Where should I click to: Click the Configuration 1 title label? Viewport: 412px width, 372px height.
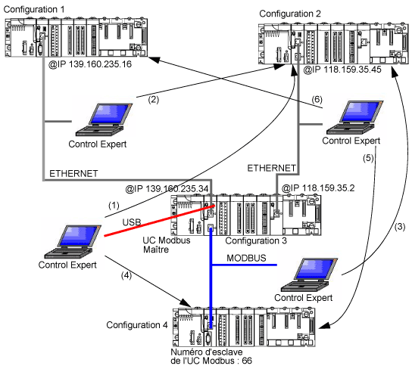34,9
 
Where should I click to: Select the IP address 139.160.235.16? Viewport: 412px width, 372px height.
90,64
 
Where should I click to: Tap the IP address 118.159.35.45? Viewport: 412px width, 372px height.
342,70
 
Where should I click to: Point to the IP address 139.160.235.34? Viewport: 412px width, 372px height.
167,188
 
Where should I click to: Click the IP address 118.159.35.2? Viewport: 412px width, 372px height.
318,188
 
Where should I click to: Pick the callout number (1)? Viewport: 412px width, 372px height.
114,206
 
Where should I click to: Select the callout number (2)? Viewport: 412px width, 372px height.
154,100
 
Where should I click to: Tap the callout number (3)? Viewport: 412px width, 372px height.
400,227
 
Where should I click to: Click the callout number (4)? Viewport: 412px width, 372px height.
126,275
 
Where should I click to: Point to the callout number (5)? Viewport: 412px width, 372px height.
368,158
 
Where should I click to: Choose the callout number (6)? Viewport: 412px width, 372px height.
317,100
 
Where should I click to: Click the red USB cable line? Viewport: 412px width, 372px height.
160,221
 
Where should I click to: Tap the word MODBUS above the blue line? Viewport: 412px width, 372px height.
246,258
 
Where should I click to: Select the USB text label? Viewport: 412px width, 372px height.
132,222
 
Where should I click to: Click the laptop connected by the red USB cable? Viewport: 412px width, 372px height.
73,242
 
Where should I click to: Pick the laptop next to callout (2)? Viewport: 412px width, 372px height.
104,119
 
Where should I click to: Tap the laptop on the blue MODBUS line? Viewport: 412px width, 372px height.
309,274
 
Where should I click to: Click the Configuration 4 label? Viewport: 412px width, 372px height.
137,325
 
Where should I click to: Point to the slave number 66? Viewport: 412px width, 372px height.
247,361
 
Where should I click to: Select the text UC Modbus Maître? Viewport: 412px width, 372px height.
167,245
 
